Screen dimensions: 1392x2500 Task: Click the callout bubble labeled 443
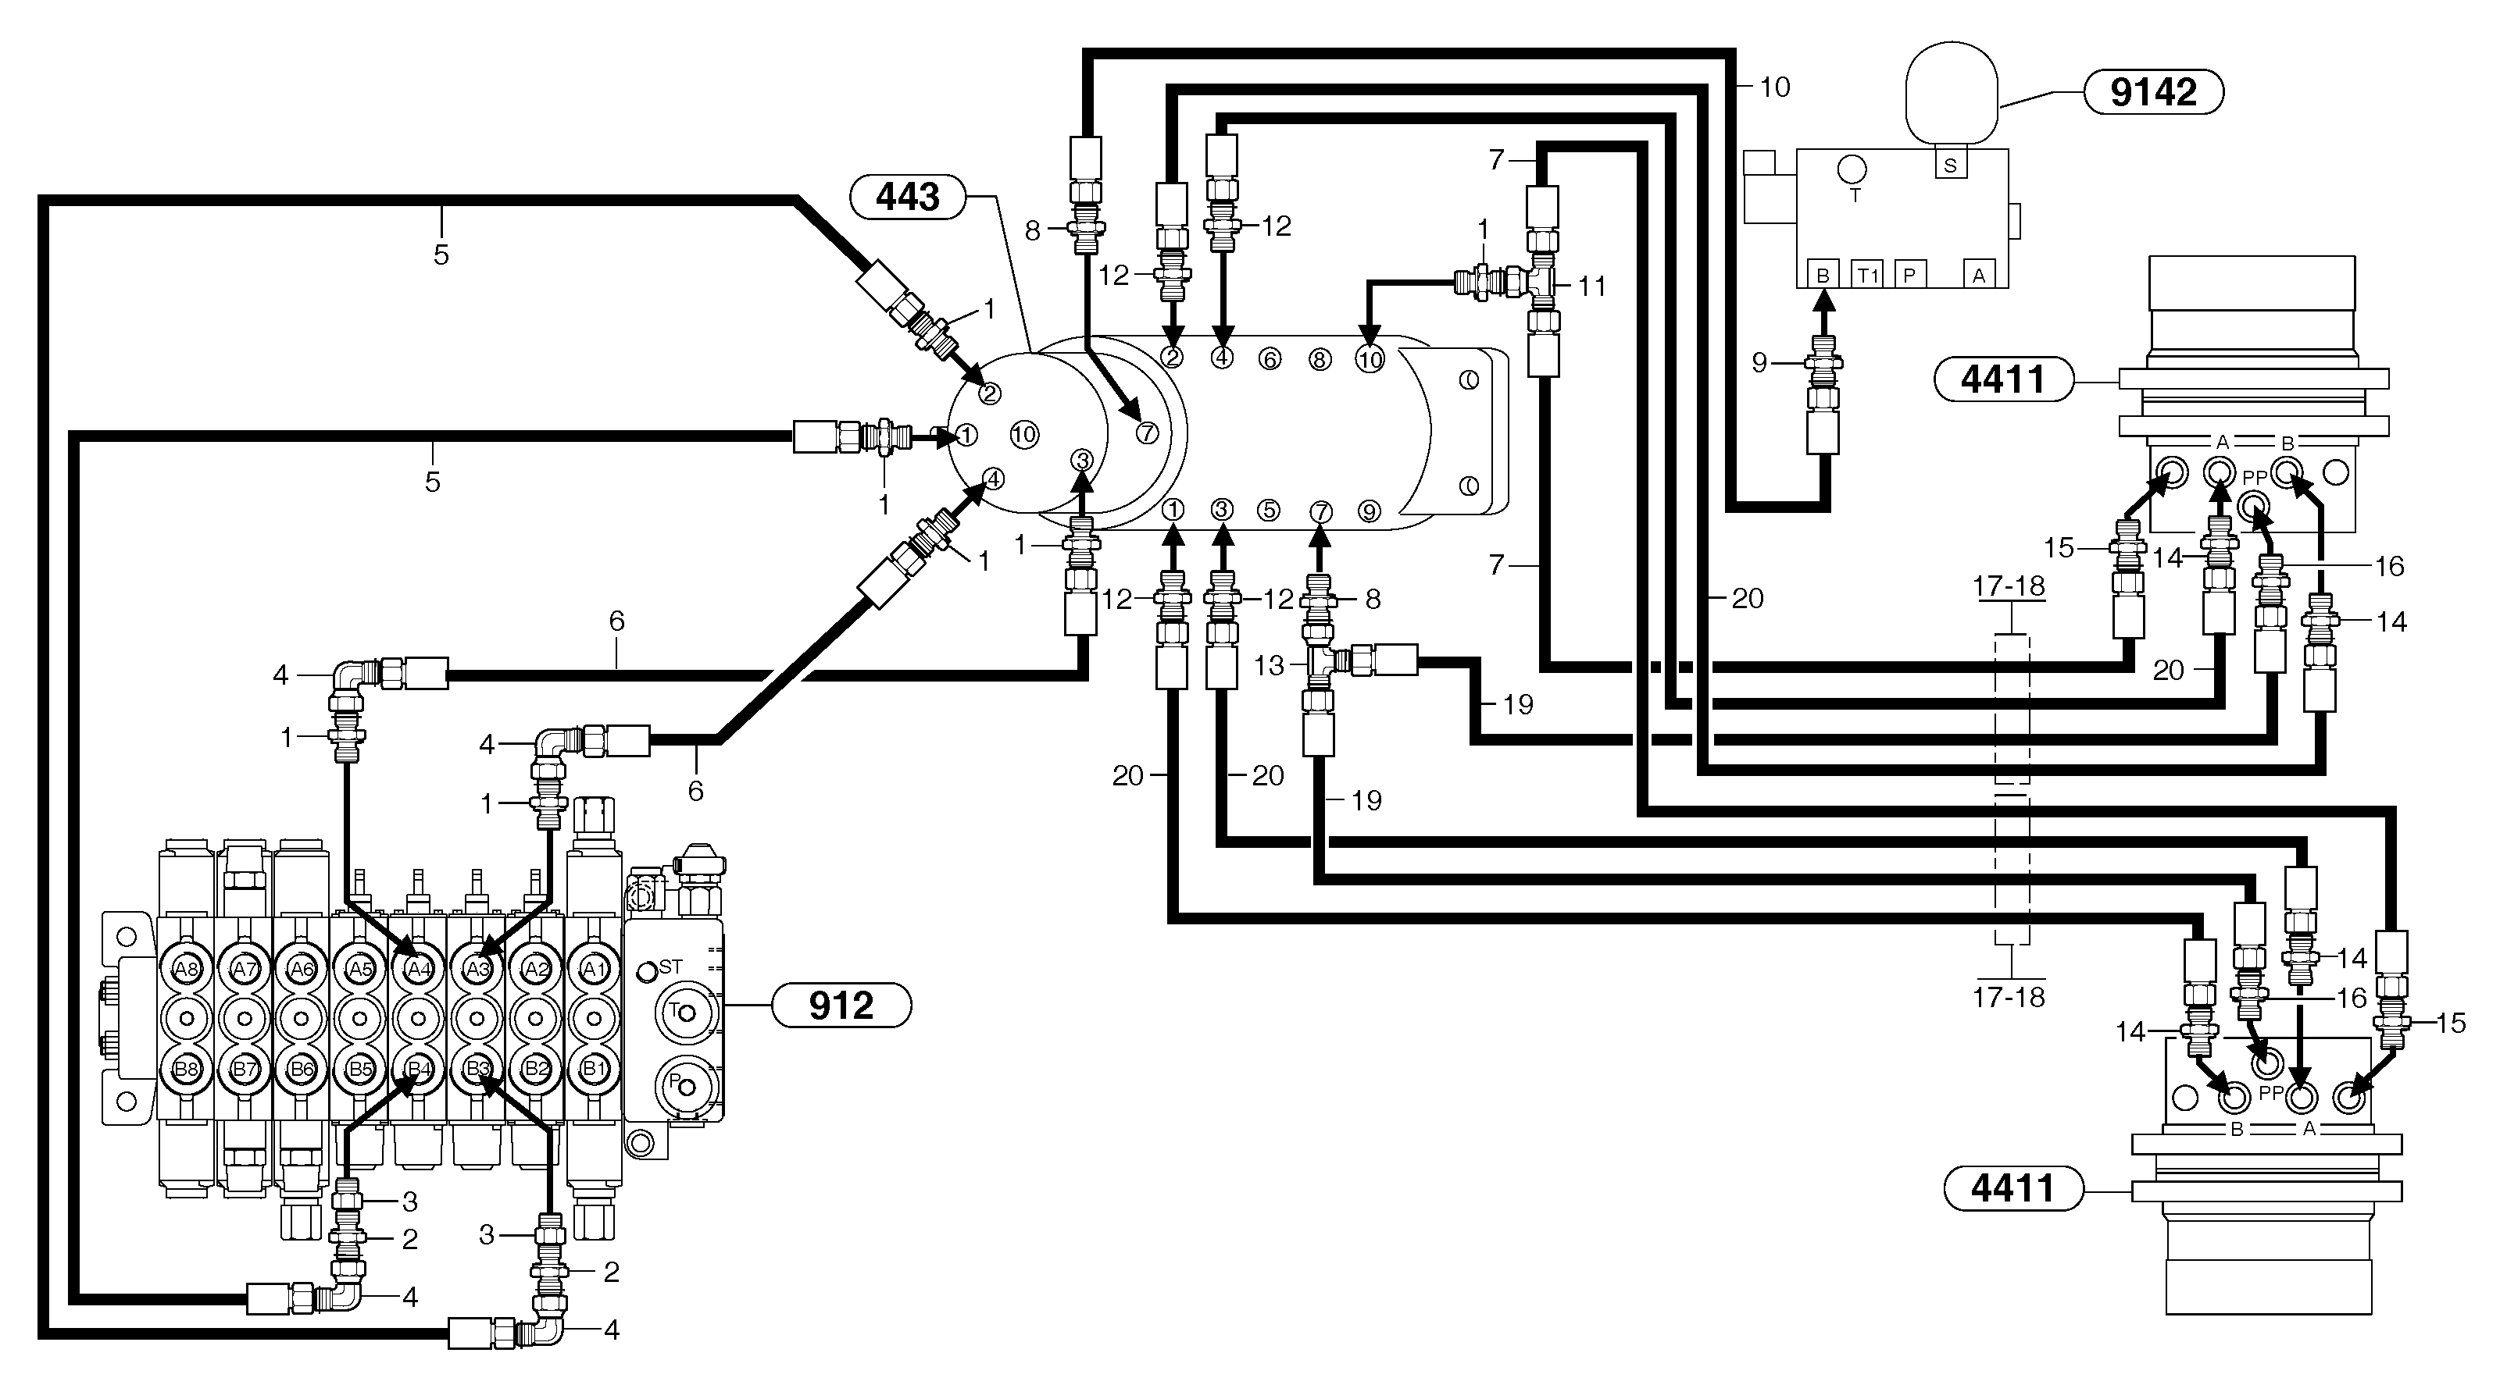click(907, 197)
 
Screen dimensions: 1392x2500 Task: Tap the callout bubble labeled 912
click(841, 1005)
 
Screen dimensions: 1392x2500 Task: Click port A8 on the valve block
click(185, 968)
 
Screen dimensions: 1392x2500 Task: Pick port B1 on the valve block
click(593, 1069)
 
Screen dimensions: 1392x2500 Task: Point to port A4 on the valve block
click(418, 968)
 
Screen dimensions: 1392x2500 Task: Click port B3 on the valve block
click(477, 1069)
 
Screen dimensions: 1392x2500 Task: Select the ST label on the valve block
click(670, 967)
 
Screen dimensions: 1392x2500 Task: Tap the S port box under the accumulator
click(1950, 166)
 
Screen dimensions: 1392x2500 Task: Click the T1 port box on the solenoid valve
click(1867, 276)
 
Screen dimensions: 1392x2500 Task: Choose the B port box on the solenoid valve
click(1823, 276)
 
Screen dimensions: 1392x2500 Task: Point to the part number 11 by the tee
click(1591, 287)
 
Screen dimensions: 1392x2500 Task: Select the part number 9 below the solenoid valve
click(1759, 363)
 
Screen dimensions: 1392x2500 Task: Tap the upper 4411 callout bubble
click(2003, 379)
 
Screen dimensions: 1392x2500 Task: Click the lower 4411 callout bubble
click(2012, 1188)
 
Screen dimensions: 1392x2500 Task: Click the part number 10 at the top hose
click(1774, 87)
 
